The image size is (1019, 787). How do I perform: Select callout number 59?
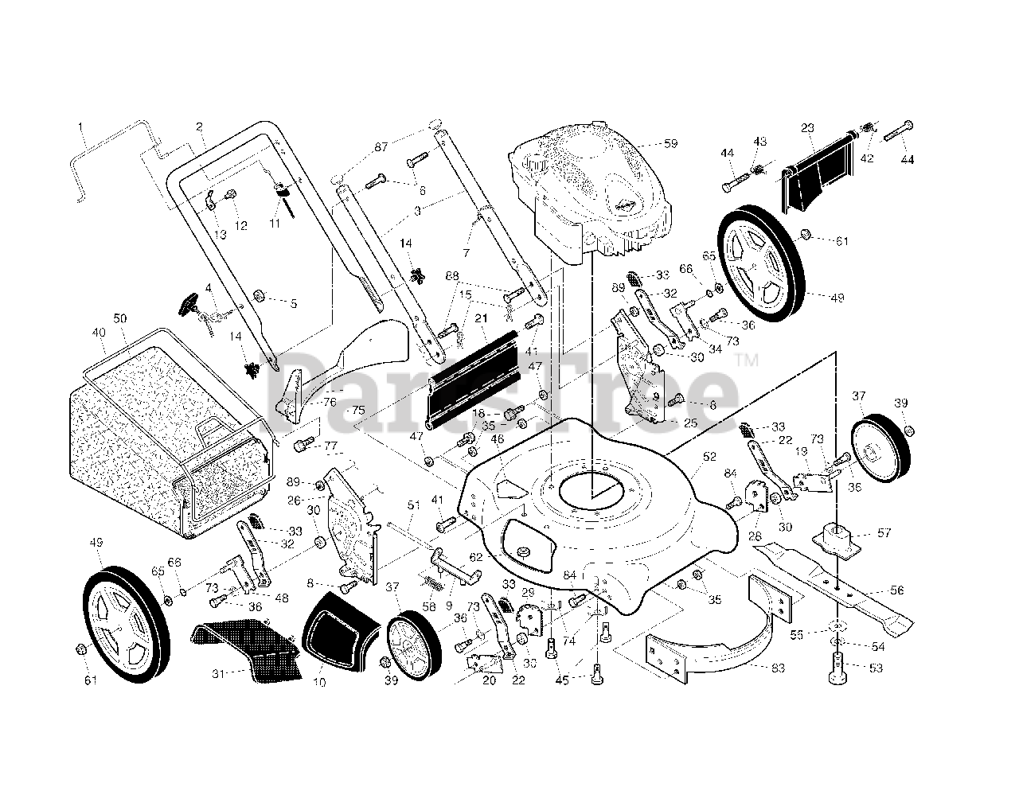point(670,144)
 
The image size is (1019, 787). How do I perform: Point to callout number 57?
point(883,533)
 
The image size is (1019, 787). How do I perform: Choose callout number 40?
point(99,333)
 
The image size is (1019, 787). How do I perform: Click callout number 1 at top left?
point(80,125)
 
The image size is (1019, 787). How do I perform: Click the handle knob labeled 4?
point(188,305)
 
